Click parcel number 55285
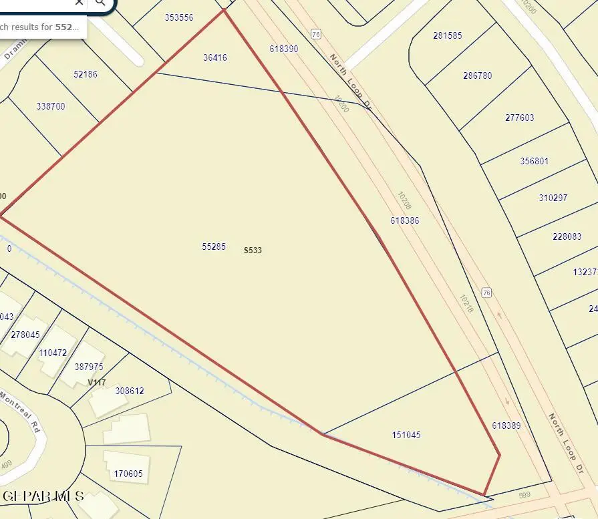pos(213,246)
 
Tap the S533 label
pos(253,250)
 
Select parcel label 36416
pos(215,58)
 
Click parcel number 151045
pos(406,435)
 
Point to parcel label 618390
pos(284,49)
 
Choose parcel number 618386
pos(405,220)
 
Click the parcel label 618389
pos(506,425)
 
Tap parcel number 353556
pos(179,17)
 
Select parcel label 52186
pos(85,74)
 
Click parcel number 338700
pos(51,106)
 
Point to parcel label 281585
pos(448,35)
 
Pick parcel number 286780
pos(477,75)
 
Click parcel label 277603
pos(519,118)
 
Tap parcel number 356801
pos(534,161)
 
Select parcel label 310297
pos(553,198)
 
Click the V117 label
pos(97,383)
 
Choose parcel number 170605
pos(128,474)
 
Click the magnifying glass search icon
pos(100,3)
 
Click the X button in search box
pos(79,3)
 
